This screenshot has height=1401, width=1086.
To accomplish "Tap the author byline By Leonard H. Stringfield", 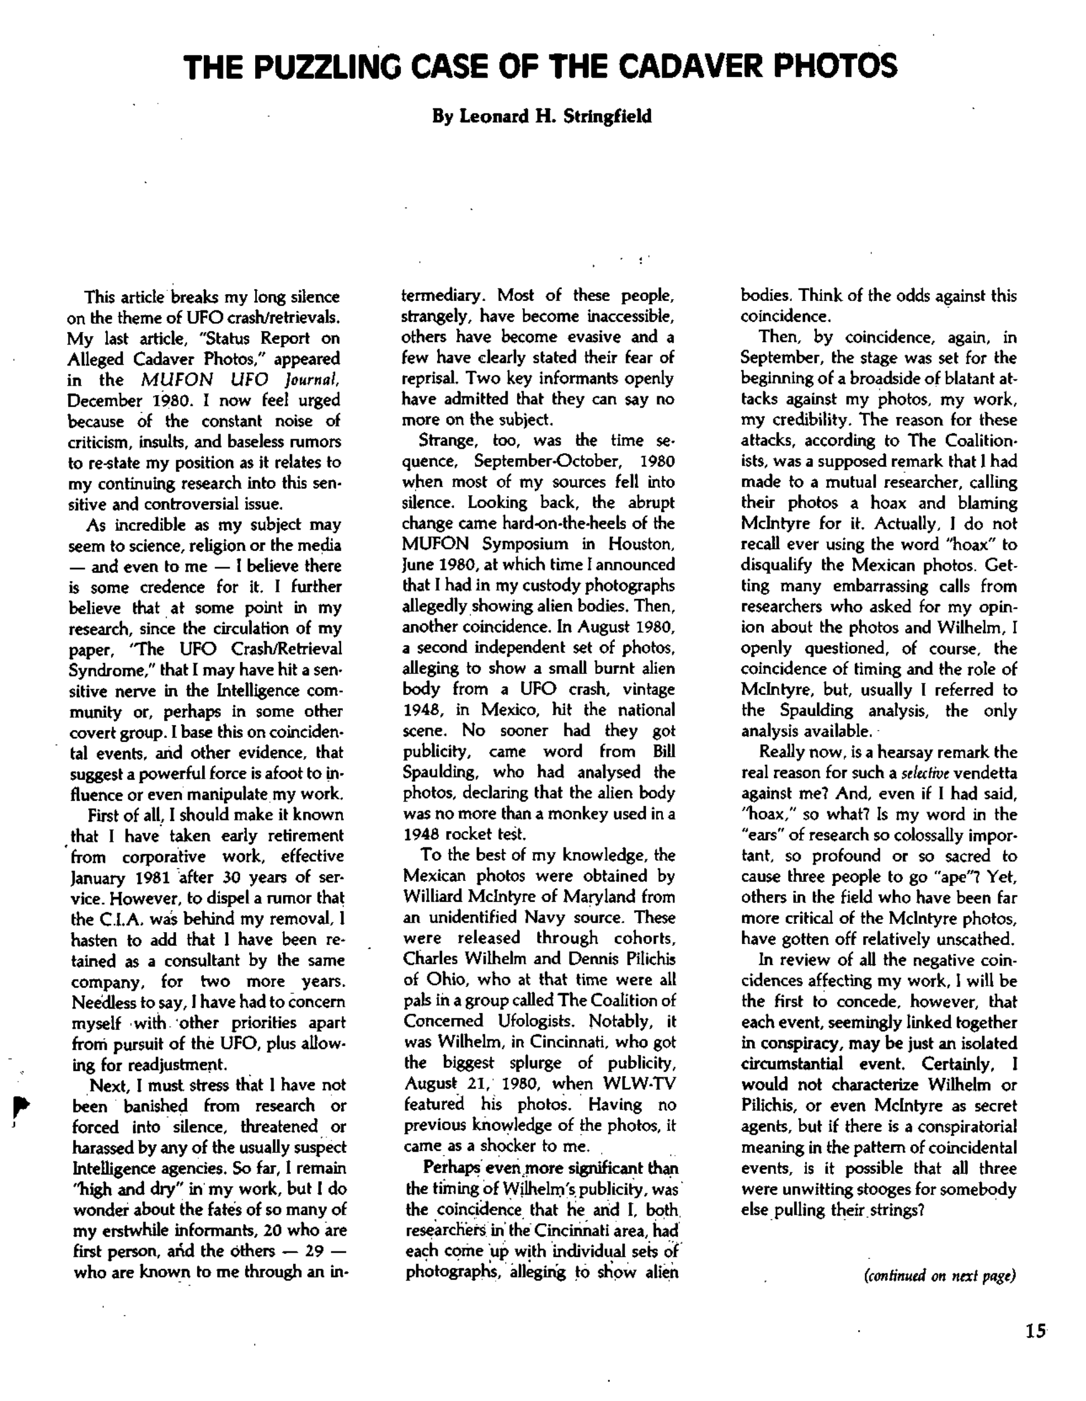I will tap(542, 117).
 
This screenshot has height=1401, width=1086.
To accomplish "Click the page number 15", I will tap(1035, 1331).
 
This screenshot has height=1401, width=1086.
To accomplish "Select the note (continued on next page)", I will tap(940, 1275).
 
